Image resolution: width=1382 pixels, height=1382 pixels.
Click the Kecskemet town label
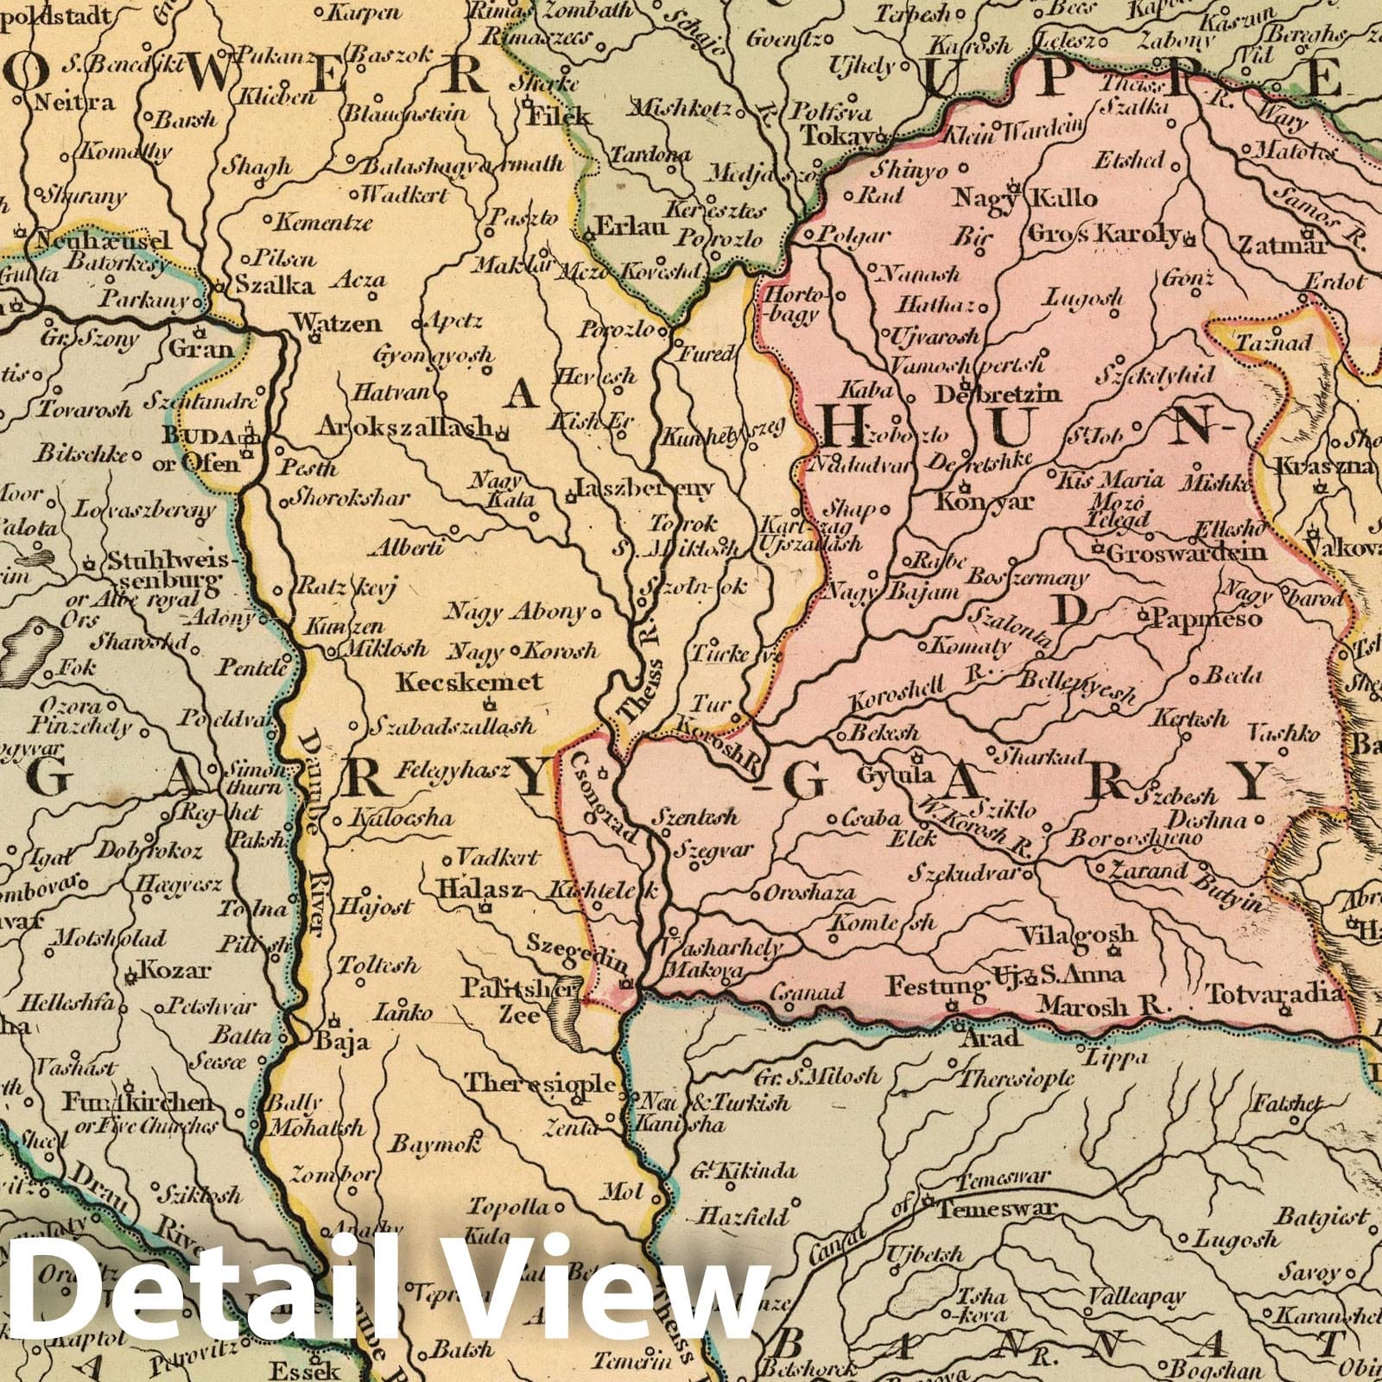tap(469, 682)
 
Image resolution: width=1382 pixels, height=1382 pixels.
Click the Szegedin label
tap(575, 942)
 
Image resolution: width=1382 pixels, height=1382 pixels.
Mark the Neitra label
tap(73, 103)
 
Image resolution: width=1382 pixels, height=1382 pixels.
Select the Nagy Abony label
tap(515, 612)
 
